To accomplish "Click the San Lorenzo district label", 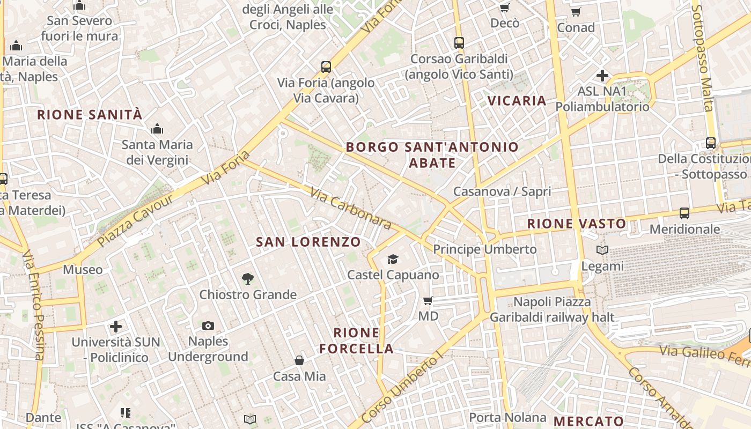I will click(x=308, y=242).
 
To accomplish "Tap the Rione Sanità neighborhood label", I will click(x=90, y=114).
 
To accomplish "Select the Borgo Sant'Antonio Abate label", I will click(x=432, y=154).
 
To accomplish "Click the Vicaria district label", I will click(x=517, y=100).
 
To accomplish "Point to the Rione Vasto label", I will click(x=577, y=224).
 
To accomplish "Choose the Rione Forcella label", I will click(x=357, y=341).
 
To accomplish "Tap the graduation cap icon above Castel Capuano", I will click(x=393, y=260).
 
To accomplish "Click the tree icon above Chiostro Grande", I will click(x=247, y=279).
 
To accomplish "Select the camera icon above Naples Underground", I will click(x=208, y=326).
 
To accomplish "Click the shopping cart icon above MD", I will click(x=428, y=300).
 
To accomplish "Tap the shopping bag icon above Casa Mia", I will click(x=299, y=360).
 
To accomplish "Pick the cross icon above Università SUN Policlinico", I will click(x=115, y=326).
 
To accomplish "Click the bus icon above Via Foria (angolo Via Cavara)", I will click(x=326, y=67).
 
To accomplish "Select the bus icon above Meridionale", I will click(x=684, y=213).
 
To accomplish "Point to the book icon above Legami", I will click(x=602, y=250).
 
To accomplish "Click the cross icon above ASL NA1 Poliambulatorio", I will click(x=602, y=76).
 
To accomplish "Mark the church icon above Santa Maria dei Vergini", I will click(x=157, y=129).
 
